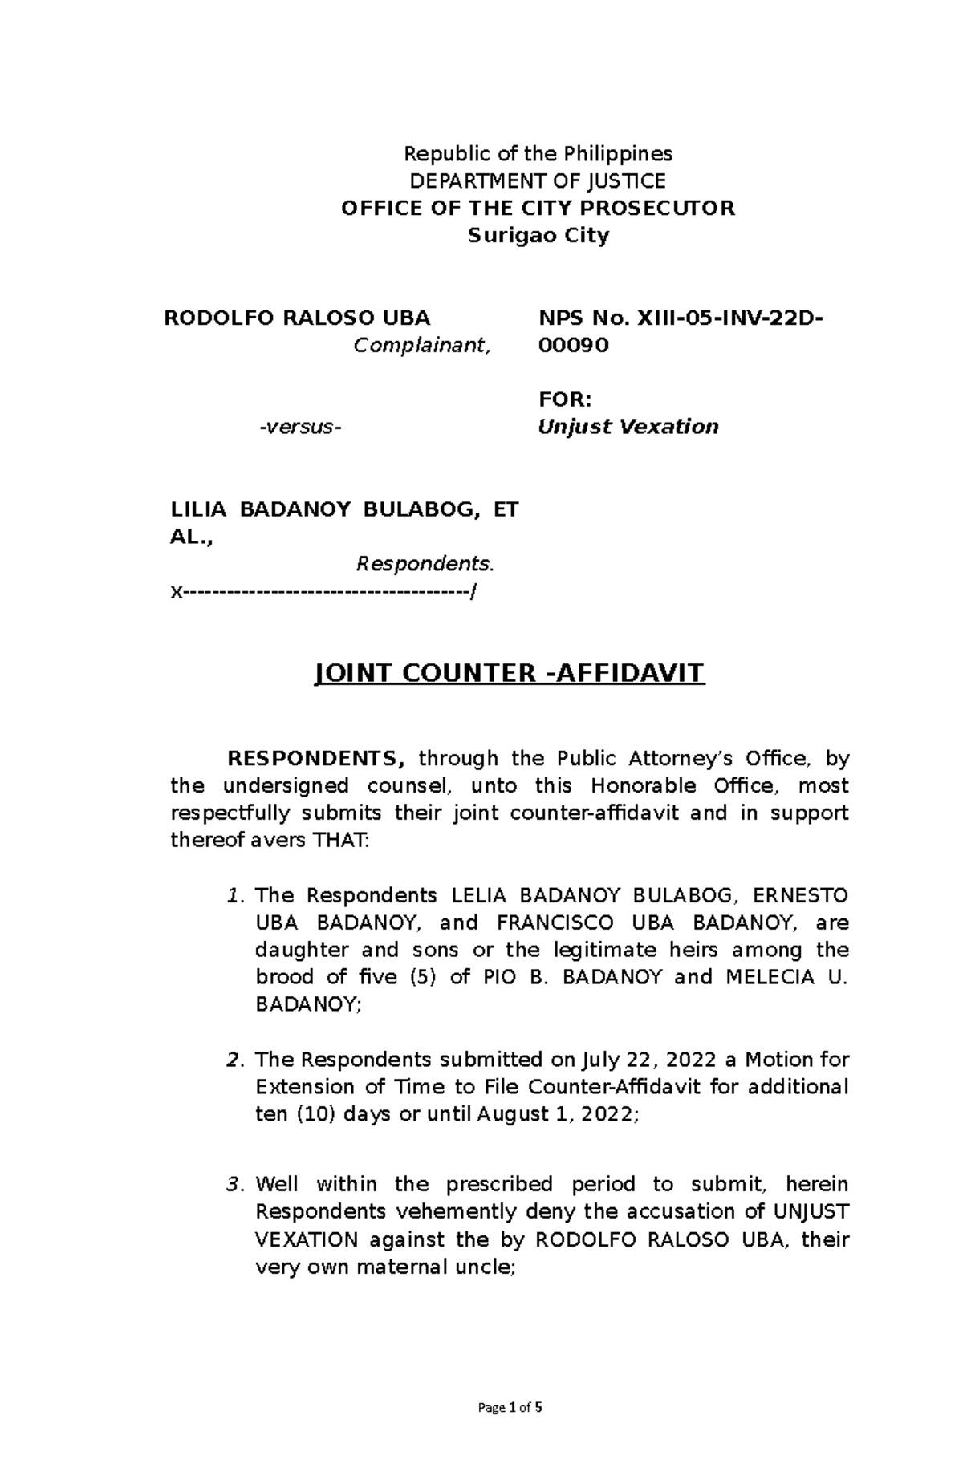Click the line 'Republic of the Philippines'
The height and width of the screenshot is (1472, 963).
(x=538, y=153)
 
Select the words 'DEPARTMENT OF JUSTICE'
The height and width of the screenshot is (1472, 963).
(x=538, y=180)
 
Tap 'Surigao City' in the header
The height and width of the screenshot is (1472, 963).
(x=538, y=236)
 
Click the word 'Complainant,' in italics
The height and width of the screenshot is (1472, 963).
(x=422, y=345)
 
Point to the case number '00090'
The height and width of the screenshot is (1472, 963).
(x=573, y=345)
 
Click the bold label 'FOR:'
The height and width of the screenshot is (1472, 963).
(x=565, y=399)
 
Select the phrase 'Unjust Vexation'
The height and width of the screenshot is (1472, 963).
(x=628, y=427)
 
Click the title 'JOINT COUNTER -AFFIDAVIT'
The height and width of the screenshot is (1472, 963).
(x=509, y=672)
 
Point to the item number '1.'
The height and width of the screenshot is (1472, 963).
(x=234, y=895)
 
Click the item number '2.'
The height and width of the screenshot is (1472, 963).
(x=234, y=1060)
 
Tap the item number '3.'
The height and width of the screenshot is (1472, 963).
(x=234, y=1184)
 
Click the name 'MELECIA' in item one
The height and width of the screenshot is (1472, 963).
(x=766, y=977)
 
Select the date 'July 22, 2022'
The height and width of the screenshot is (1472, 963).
(x=647, y=1060)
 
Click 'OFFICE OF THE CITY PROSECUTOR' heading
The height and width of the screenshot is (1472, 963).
(x=538, y=209)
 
